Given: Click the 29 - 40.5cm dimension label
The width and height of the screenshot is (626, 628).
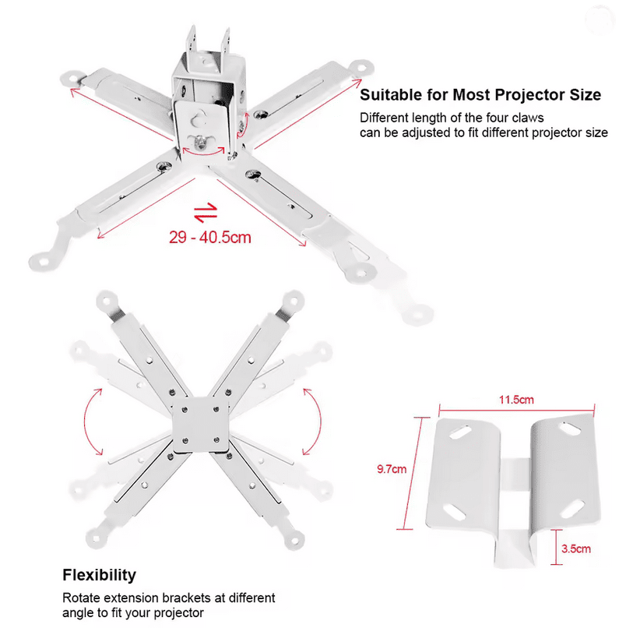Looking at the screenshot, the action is (x=209, y=238).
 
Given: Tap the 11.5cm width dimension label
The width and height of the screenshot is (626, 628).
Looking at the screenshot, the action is (x=516, y=399).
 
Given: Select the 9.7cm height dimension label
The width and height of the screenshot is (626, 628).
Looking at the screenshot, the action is (x=392, y=468).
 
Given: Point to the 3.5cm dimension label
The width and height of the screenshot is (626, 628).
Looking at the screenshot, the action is (x=575, y=549).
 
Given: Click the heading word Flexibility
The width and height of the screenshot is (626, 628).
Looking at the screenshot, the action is (x=99, y=575).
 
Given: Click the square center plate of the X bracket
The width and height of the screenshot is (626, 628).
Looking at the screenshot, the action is (x=201, y=425).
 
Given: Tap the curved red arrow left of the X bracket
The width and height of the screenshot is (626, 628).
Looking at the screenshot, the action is (x=91, y=422).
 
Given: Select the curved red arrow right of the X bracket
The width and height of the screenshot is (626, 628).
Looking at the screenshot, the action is (x=314, y=422).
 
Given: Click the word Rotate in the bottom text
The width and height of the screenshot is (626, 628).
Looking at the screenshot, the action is (x=82, y=598).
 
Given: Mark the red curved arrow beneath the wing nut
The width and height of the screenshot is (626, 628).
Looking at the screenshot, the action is (x=203, y=151).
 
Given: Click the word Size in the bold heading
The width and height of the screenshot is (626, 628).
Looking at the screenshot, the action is (x=586, y=94).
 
